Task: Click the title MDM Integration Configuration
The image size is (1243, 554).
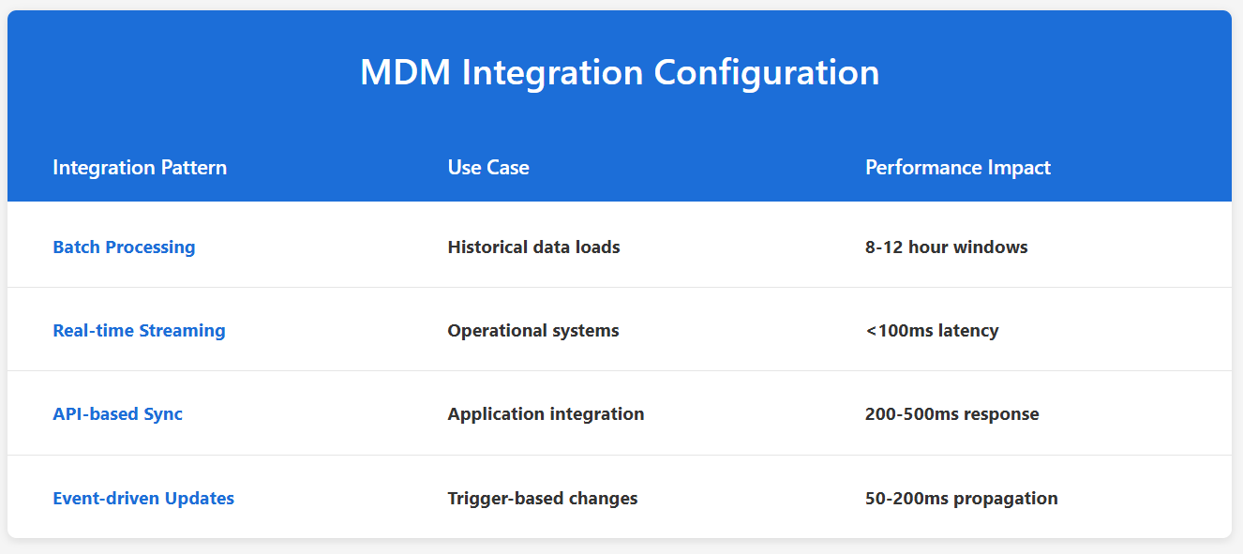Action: [620, 72]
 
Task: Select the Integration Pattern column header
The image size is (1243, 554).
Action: [140, 168]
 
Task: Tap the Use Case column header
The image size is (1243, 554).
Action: [488, 168]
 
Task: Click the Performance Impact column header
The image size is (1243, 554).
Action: [957, 168]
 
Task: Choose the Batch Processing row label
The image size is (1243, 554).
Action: [124, 247]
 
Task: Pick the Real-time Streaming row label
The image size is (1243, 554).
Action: [139, 331]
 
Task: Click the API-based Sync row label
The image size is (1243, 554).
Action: [117, 414]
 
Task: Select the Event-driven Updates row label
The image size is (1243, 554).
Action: [143, 499]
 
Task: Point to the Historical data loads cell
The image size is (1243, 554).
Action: [533, 247]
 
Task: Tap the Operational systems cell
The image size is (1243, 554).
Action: [532, 331]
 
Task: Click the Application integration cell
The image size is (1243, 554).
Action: [546, 414]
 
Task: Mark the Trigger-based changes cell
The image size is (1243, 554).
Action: [542, 499]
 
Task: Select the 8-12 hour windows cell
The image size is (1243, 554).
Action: [946, 247]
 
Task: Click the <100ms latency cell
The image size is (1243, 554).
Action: [931, 331]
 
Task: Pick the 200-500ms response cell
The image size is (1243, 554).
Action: [951, 414]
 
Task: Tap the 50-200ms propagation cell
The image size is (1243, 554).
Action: [961, 499]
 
